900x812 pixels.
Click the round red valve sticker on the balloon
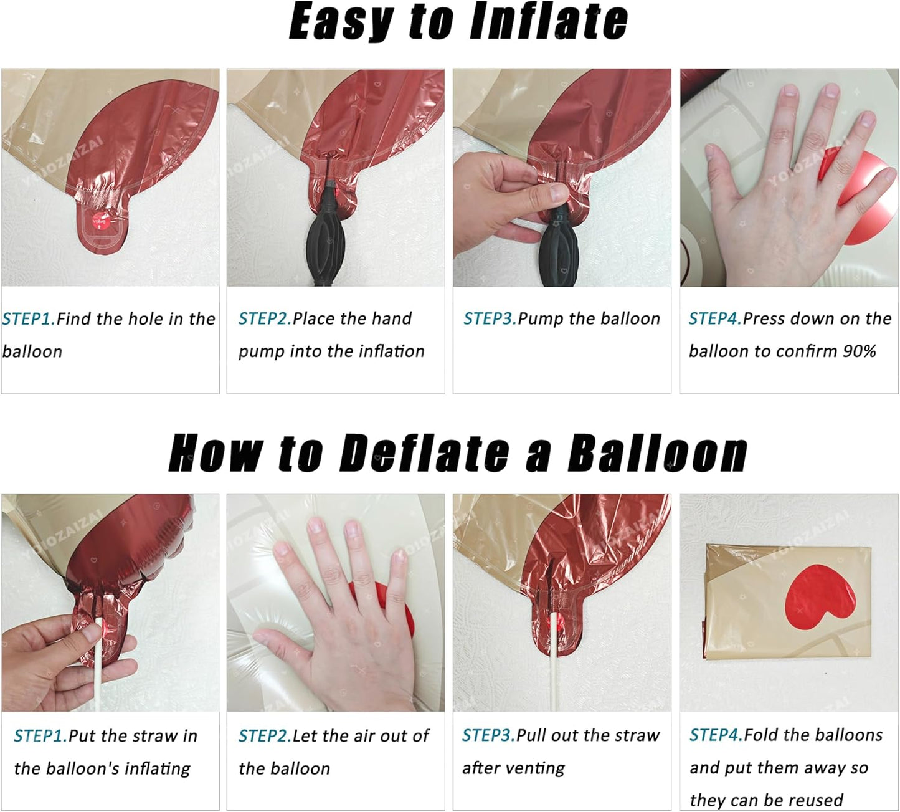(x=99, y=221)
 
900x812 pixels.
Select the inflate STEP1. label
(x=29, y=319)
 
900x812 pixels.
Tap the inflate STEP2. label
(x=265, y=318)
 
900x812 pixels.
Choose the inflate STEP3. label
(x=490, y=318)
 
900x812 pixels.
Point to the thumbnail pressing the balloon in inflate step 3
(x=558, y=193)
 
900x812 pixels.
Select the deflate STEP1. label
(x=40, y=735)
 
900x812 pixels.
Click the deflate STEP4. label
(x=716, y=735)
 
